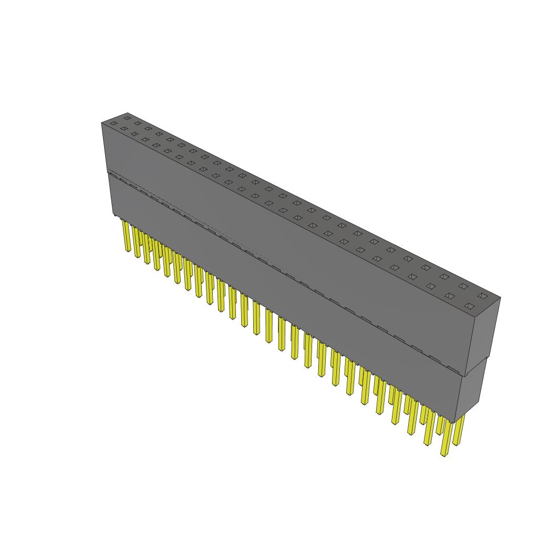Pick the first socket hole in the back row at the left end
pos(126,119)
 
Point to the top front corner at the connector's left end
pos(101,123)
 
